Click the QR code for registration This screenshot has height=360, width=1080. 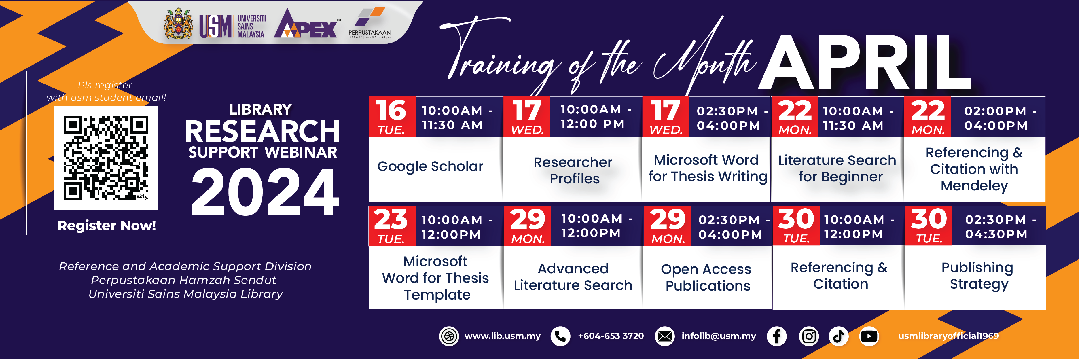tap(106, 158)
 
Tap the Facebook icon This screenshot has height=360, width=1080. tap(776, 336)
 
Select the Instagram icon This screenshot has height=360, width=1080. tap(809, 336)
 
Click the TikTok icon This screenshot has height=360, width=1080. tap(838, 336)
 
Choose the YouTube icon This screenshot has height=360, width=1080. tap(869, 336)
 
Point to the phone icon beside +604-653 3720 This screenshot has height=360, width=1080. tap(560, 336)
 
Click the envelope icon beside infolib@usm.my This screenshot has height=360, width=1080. tap(664, 336)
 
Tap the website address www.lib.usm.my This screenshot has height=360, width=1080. tap(502, 336)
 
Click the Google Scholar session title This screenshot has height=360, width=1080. tap(430, 167)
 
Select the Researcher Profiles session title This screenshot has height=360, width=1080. tap(573, 170)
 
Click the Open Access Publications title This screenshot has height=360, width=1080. tap(707, 277)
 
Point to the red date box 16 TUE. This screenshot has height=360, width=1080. tap(392, 117)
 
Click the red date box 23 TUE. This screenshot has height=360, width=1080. tap(392, 226)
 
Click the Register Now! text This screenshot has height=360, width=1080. tap(107, 226)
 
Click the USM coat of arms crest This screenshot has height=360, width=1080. tap(179, 23)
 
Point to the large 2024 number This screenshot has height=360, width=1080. tap(265, 192)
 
